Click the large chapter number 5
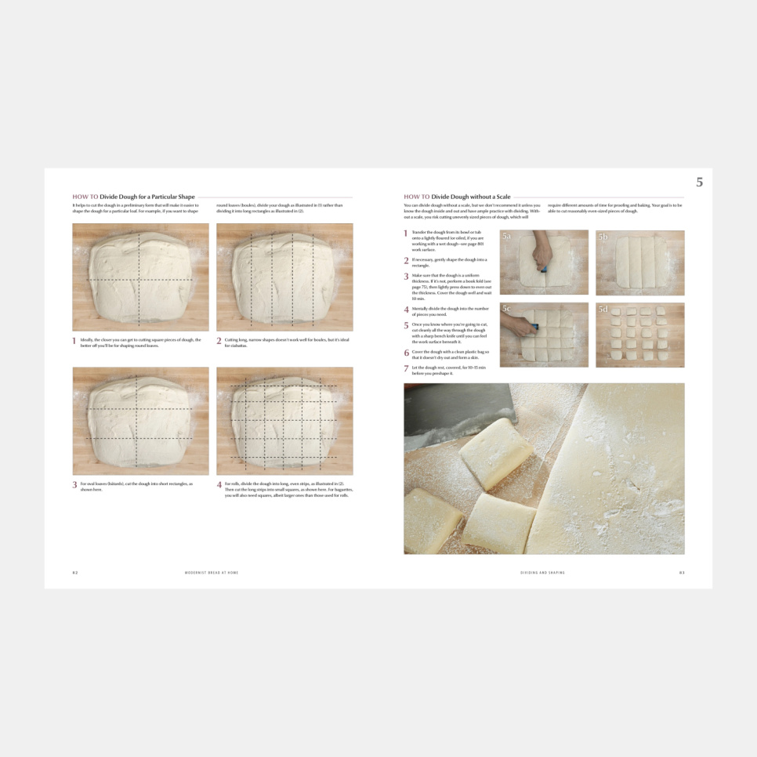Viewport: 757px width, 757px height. point(699,183)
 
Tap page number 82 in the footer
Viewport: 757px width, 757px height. point(75,573)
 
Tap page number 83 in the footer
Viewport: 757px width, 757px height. point(682,573)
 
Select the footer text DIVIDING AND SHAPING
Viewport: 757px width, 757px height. point(542,573)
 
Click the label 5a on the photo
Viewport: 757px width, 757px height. point(507,236)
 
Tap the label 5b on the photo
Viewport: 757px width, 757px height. point(603,236)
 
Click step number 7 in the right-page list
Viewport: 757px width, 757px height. point(406,368)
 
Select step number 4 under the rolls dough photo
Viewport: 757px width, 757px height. point(219,485)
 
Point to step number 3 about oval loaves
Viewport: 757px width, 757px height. point(75,485)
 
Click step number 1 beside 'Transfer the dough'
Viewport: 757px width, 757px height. point(406,234)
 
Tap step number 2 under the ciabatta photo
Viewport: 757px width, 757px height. point(219,342)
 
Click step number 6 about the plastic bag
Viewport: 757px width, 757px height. point(406,353)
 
